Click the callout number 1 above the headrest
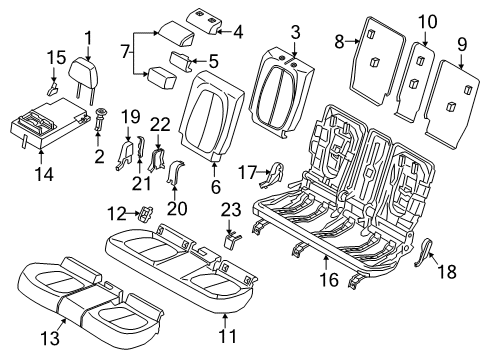(x=90, y=40)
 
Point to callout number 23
(x=231, y=208)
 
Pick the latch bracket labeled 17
(x=268, y=178)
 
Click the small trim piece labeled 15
(x=50, y=90)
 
